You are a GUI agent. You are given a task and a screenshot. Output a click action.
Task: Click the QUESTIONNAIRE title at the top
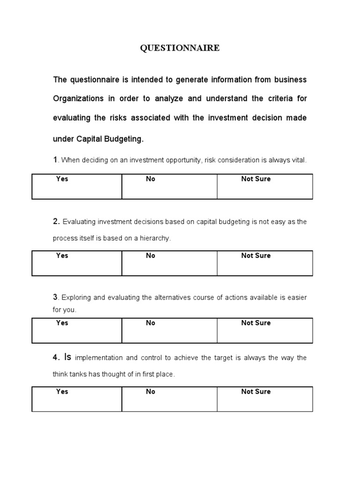click(x=180, y=48)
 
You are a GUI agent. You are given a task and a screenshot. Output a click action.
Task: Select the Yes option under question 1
click(x=62, y=179)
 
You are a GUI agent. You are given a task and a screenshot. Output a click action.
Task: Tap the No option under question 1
click(x=150, y=179)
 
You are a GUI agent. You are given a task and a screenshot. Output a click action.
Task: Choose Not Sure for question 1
click(x=255, y=179)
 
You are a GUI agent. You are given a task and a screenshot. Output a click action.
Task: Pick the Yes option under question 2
click(x=62, y=255)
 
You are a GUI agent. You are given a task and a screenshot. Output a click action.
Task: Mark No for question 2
click(x=150, y=255)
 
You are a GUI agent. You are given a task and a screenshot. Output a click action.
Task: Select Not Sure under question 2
click(x=255, y=255)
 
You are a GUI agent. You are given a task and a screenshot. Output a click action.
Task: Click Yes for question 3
click(x=62, y=323)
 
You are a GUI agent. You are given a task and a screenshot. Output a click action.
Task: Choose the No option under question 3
click(x=150, y=323)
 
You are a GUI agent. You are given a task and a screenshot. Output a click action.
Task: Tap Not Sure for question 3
click(x=255, y=323)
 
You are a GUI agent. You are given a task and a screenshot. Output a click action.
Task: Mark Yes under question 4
click(x=62, y=391)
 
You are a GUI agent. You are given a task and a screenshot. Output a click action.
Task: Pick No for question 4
click(x=150, y=391)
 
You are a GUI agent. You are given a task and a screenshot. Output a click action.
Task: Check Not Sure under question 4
click(x=255, y=391)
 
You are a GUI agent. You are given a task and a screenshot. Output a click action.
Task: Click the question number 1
click(x=55, y=160)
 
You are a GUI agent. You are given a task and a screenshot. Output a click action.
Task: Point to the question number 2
click(x=55, y=221)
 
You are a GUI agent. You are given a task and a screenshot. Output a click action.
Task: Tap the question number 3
click(x=55, y=297)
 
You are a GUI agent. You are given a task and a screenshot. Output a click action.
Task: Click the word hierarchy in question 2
click(x=156, y=239)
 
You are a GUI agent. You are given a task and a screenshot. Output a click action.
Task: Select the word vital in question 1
click(x=299, y=160)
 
